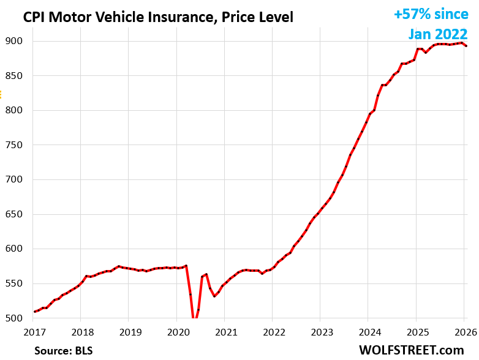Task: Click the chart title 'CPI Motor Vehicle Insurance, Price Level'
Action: click(x=158, y=17)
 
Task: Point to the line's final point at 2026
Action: click(x=467, y=46)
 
